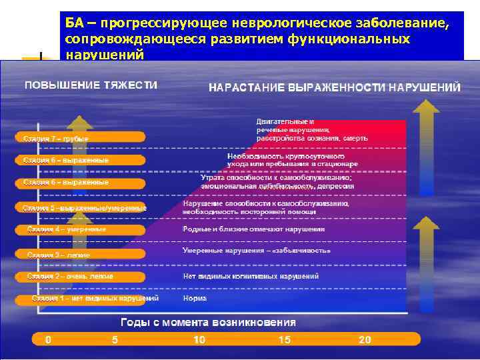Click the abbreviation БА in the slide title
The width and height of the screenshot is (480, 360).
point(74,23)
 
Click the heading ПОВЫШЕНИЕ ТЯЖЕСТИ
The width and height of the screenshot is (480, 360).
point(91,85)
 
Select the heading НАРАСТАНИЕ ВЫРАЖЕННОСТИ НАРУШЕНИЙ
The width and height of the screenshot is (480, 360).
point(335,87)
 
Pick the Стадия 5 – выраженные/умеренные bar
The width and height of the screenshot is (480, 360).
point(85,208)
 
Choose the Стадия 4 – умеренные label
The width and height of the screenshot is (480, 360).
point(67,229)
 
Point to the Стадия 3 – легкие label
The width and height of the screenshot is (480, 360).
point(59,255)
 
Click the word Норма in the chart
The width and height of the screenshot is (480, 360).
point(195,298)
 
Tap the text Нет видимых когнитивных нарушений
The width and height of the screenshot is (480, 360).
point(241,276)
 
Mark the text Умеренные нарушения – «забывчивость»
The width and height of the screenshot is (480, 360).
point(257,251)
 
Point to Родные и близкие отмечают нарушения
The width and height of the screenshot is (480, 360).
point(254,229)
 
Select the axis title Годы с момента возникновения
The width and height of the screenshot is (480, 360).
point(208,322)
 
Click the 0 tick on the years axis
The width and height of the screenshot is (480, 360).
point(48,340)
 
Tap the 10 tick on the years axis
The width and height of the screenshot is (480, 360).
point(199,340)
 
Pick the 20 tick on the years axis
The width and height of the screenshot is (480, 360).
point(365,340)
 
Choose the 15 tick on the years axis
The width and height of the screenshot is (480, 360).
point(285,340)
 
